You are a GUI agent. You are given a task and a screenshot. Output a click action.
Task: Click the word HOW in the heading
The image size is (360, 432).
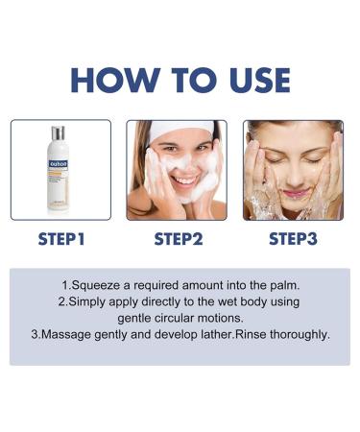point(108,79)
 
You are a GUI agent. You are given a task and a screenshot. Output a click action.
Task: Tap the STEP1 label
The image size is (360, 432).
point(60,238)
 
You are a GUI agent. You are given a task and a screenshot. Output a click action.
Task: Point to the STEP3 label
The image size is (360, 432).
point(294,238)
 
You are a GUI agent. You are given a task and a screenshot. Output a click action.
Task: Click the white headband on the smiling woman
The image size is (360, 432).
point(177,132)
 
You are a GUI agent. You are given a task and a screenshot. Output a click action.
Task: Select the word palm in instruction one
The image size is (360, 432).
point(278,285)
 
